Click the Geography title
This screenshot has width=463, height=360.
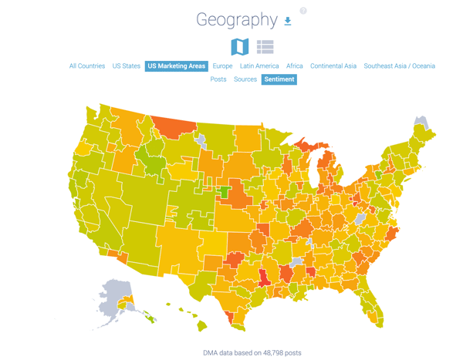236,20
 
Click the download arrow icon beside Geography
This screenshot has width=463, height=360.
288,22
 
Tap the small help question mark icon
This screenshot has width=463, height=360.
303,11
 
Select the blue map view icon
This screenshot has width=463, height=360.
240,46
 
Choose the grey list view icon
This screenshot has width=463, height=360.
265,47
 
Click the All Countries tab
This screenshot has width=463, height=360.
87,66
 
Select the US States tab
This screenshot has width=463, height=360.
127,66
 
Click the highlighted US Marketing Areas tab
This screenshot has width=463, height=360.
177,66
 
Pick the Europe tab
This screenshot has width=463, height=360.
222,66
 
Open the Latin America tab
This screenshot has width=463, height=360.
259,66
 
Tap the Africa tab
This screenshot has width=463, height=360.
295,66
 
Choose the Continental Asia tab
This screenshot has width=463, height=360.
333,66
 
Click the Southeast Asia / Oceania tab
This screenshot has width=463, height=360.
399,66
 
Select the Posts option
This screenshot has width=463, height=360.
218,79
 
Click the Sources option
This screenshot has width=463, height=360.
245,79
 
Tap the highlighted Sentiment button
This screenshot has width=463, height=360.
279,79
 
